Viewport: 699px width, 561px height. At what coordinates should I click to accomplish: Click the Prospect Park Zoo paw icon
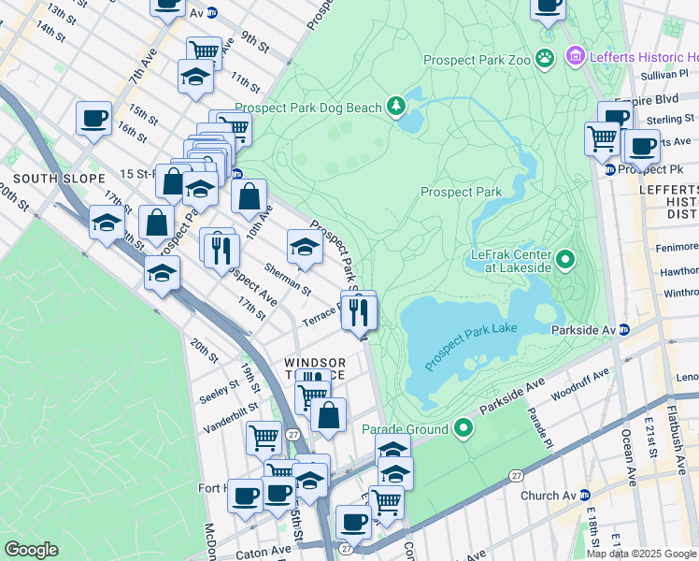545,59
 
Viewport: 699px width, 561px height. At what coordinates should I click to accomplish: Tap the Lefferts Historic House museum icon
575,57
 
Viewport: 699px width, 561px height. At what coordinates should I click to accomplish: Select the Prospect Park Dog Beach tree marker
398,107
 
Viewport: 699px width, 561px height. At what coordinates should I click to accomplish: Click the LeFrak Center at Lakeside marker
565,259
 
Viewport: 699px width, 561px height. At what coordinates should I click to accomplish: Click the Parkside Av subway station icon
625,330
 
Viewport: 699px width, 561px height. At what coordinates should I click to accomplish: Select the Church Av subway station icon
585,495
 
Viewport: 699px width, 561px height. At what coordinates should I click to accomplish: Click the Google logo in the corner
31,550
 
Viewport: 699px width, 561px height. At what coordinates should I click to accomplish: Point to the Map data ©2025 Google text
641,554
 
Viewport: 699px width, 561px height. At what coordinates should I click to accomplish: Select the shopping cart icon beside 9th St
204,51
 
